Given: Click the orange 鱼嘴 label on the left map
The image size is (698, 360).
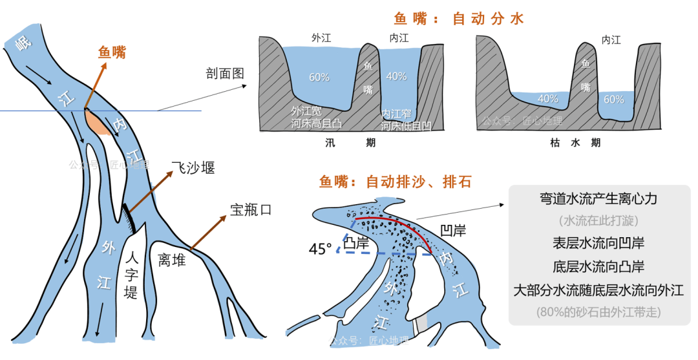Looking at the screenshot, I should tap(112, 52).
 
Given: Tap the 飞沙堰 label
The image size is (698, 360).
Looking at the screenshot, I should tap(193, 168).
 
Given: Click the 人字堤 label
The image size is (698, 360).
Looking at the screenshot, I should tap(131, 274).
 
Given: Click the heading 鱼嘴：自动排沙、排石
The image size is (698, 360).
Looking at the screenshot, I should tap(395, 182).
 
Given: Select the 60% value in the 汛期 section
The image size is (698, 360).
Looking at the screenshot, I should tap(319, 78).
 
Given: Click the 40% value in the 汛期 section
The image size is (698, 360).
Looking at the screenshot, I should tap(396, 76).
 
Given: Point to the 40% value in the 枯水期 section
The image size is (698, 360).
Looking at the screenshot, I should tap(547, 99).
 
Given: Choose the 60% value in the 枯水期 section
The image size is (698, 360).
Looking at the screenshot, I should tap(613, 100).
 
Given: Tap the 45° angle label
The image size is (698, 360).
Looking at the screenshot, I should tap(320, 248).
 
